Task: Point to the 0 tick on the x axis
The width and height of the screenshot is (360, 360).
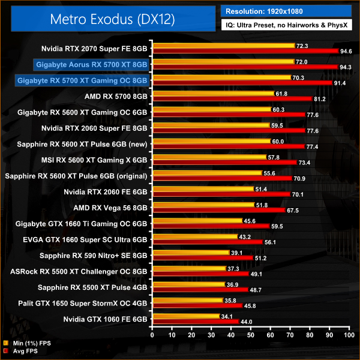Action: (154, 334)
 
